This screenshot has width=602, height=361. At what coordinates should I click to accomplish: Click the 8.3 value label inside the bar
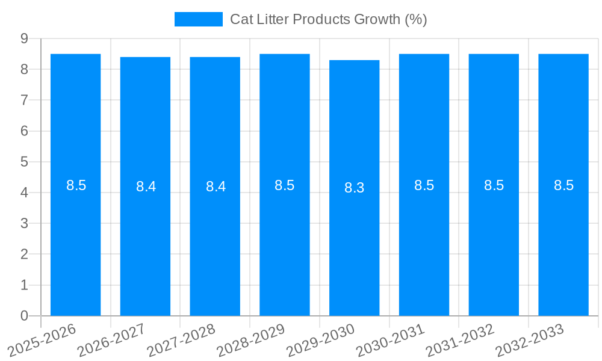[x=354, y=188]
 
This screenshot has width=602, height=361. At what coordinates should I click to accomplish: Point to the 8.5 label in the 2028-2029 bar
[x=284, y=185]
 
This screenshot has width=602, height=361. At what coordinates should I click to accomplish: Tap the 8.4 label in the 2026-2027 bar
[x=146, y=187]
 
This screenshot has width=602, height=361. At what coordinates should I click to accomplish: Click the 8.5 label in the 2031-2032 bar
[x=494, y=185]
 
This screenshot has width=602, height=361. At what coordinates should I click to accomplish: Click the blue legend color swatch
[x=198, y=19]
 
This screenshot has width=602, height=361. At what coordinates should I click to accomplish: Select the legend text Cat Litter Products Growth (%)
[x=328, y=19]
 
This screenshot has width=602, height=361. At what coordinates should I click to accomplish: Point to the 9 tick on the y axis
[x=24, y=39]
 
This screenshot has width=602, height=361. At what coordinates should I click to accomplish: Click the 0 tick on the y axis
[x=24, y=316]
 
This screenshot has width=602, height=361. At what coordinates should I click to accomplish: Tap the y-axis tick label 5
[x=24, y=162]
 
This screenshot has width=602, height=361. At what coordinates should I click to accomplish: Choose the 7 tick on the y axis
[x=24, y=100]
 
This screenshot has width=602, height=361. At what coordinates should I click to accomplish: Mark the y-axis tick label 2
[x=24, y=255]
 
